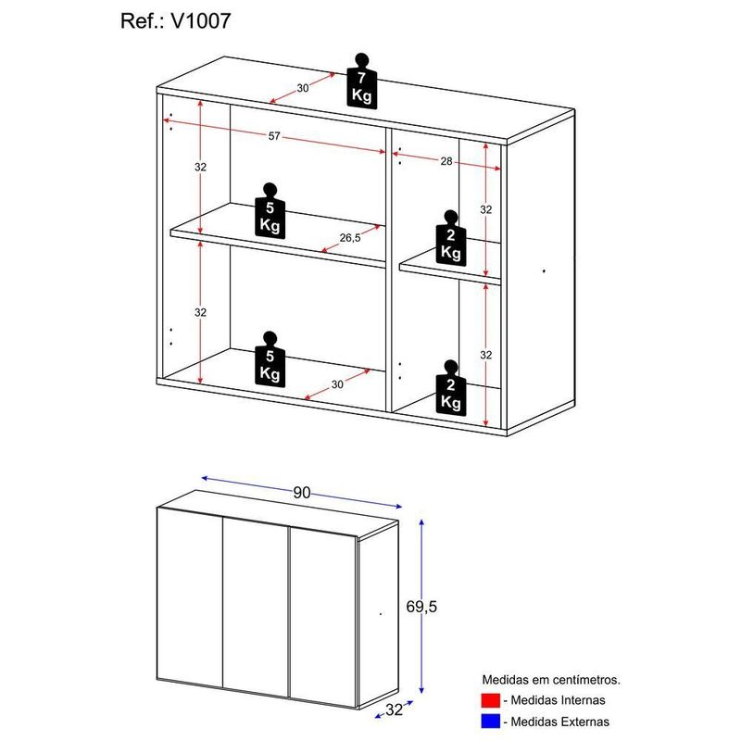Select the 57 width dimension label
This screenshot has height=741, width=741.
click(274, 137)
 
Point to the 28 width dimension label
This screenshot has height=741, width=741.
click(446, 161)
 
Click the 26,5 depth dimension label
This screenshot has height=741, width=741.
click(350, 237)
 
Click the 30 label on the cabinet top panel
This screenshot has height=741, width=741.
click(303, 89)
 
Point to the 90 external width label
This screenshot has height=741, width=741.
click(301, 493)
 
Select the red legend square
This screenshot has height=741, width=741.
click(491, 700)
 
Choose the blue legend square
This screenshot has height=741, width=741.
click(491, 721)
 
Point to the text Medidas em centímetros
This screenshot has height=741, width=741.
click(550, 680)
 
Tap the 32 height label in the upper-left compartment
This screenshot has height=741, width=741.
click(200, 167)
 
